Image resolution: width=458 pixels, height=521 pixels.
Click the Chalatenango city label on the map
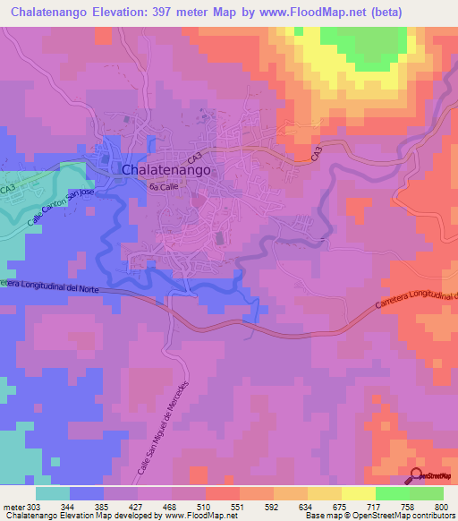coord(165,169)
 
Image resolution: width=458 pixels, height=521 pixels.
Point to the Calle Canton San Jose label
coord(61,209)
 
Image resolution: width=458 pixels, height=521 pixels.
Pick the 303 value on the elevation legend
coord(35,506)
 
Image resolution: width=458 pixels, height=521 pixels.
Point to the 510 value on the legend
coord(206,506)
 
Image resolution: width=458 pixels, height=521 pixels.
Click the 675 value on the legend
coord(339,506)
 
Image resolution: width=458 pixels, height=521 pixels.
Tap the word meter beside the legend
coord(13,506)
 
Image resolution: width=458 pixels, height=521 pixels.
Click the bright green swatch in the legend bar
coord(392,493)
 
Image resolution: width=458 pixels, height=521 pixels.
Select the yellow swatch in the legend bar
coord(358,493)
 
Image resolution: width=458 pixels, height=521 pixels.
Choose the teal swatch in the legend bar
coord(53,493)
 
